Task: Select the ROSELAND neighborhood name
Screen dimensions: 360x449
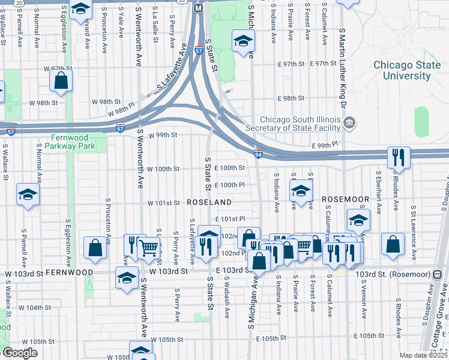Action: [209, 202]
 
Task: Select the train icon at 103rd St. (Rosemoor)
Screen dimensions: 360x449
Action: [437, 274]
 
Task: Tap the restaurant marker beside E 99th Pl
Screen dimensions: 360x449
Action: [398, 158]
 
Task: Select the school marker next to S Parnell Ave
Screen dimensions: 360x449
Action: [27, 194]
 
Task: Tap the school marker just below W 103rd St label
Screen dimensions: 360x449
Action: [127, 279]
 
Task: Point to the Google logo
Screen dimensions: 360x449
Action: [20, 353]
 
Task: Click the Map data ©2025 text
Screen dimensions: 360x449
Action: [424, 355]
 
